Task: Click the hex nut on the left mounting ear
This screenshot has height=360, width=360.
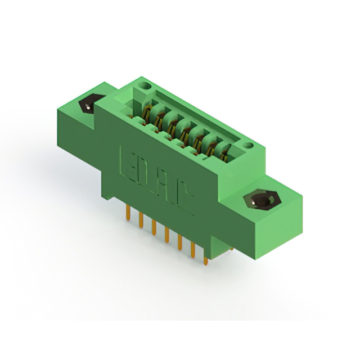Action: tap(88, 105)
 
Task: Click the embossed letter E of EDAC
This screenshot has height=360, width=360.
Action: tap(127, 159)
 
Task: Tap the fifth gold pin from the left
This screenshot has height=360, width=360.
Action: tap(180, 246)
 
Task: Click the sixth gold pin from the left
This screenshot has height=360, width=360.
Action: tap(193, 253)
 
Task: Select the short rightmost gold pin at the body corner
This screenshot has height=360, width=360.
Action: tap(206, 260)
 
